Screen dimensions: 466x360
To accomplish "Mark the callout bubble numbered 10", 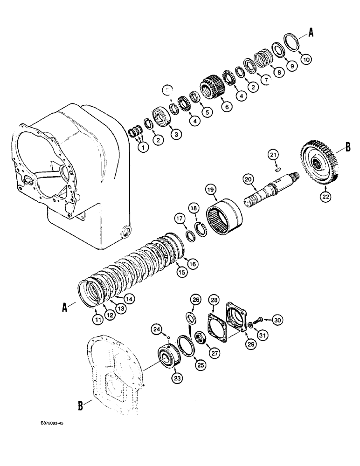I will pos(306,60).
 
